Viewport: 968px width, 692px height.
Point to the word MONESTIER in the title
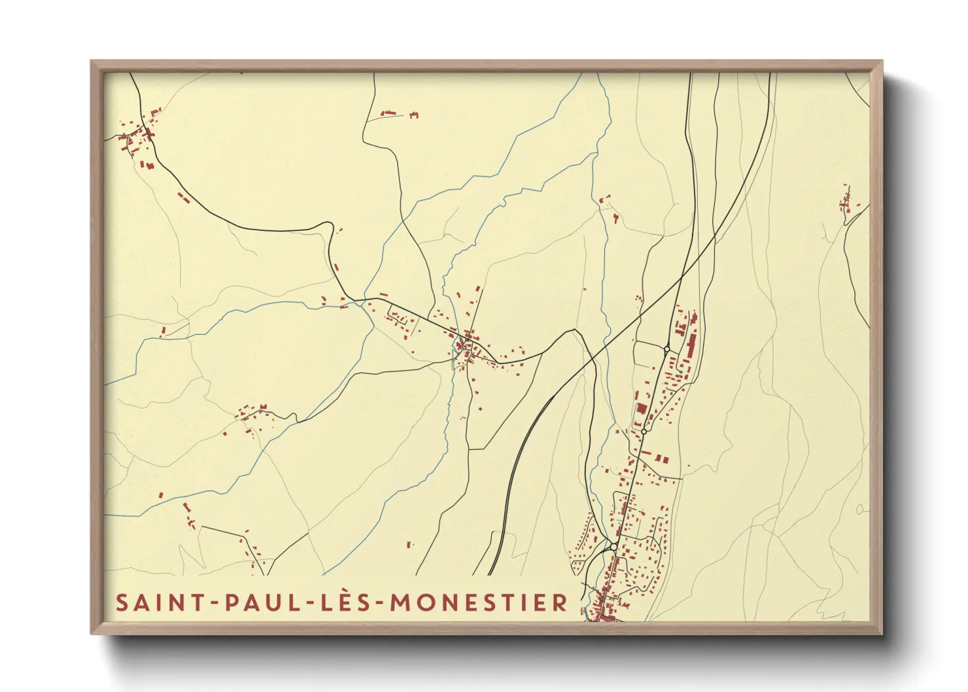[x=479, y=602]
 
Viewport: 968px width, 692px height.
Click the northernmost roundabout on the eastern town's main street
[x=666, y=350]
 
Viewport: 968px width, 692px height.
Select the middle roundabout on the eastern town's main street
[x=644, y=432]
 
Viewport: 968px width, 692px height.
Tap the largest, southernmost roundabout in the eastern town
[x=614, y=546]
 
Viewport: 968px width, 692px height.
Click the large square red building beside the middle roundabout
[x=642, y=409]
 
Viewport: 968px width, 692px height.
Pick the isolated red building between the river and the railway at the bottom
[x=410, y=544]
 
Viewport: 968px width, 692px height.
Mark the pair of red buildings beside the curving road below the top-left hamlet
[x=183, y=197]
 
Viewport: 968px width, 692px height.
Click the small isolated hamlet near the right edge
[x=846, y=201]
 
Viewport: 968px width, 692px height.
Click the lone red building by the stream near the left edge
[x=164, y=331]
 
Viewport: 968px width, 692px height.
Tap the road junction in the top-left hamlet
[x=147, y=135]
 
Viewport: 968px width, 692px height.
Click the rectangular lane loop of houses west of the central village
[x=400, y=319]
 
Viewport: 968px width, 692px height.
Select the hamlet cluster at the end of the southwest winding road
[x=252, y=415]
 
